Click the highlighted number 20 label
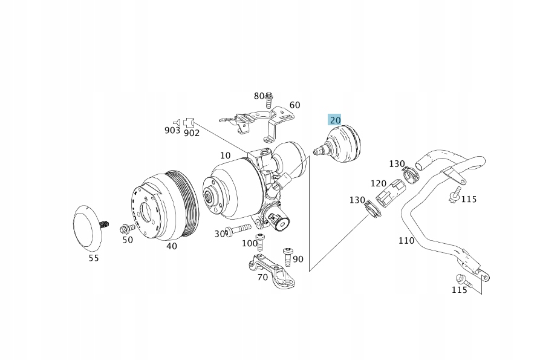pyautogui.click(x=335, y=120)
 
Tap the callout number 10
pyautogui.click(x=225, y=155)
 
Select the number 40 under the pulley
pyautogui.click(x=172, y=246)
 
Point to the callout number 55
pyautogui.click(x=93, y=258)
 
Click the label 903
pyautogui.click(x=172, y=131)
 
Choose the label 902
pyautogui.click(x=192, y=133)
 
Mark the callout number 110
pyautogui.click(x=406, y=240)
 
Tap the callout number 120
pyautogui.click(x=379, y=183)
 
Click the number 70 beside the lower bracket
pyautogui.click(x=262, y=277)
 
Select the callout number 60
pyautogui.click(x=294, y=105)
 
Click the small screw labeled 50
pyautogui.click(x=128, y=228)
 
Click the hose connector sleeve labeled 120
pyautogui.click(x=388, y=192)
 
